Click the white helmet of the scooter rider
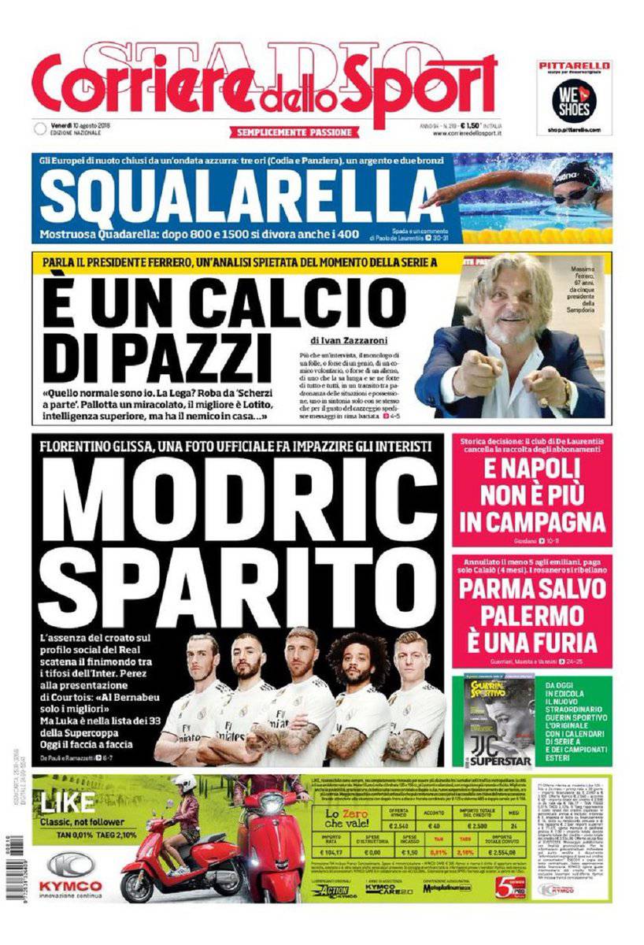point(183,784)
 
